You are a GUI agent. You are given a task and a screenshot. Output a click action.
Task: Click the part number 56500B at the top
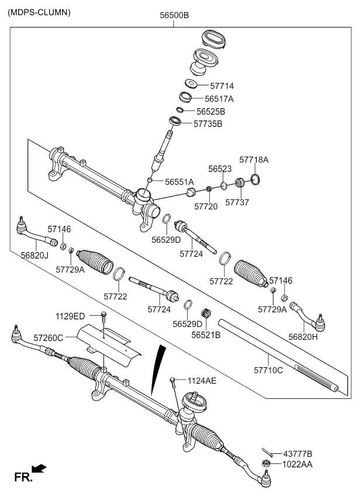point(174,15)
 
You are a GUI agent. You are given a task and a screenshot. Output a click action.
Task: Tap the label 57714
point(222,86)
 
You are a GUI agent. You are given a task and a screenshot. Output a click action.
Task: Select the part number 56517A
point(219,99)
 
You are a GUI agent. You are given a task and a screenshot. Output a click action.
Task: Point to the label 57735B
point(208,124)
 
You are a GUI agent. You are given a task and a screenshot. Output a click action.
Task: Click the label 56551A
point(179,182)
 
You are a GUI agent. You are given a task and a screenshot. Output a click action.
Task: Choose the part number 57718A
point(254,160)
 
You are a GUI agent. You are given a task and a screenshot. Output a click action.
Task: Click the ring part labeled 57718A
point(255,179)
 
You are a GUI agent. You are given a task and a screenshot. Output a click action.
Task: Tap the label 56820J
point(34,255)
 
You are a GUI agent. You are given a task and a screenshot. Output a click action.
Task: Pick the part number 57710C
point(268,370)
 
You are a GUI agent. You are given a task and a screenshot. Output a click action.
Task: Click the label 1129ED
point(70,316)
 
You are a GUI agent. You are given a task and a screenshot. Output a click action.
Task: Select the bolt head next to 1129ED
point(103,314)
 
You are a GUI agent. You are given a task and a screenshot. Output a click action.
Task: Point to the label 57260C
point(49,338)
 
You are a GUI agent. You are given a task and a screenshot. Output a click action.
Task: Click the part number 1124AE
point(202,381)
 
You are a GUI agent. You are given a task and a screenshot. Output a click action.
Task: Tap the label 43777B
point(297,454)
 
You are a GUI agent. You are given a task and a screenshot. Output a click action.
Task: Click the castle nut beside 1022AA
point(266,464)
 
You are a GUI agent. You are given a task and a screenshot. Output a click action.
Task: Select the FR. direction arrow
point(39,468)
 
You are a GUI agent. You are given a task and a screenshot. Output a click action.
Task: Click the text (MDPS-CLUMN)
point(39,13)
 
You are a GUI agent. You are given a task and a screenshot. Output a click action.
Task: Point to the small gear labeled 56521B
point(206,314)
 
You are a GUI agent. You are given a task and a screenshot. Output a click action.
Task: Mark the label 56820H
point(303,337)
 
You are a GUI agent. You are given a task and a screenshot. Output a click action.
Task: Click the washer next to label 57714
point(191,84)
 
